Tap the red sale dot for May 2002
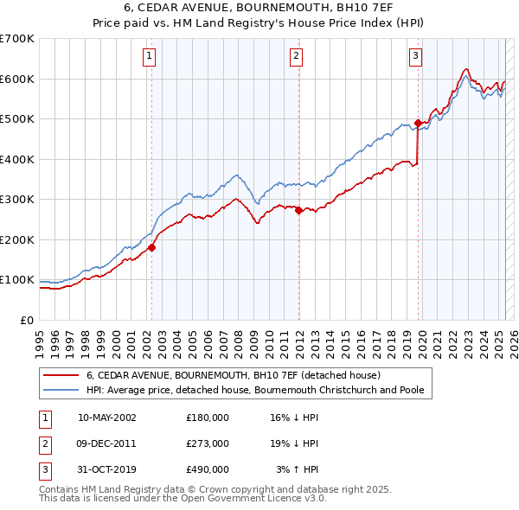151,247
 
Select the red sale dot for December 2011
298,210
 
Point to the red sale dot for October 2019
419,123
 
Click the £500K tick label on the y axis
17,119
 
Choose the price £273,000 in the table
208,443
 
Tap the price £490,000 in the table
208,469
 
